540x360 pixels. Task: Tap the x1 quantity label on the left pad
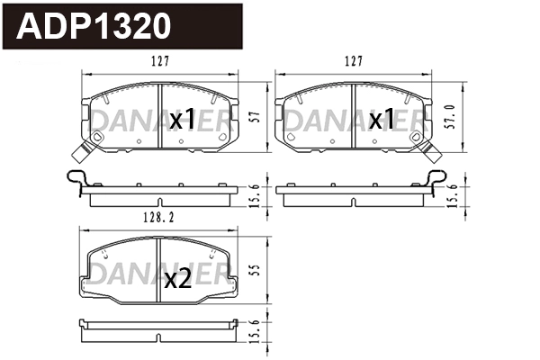coord(183,119)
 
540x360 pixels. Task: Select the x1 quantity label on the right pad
coord(378,119)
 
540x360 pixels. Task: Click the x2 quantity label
coord(177,279)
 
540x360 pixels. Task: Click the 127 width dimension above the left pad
coord(160,62)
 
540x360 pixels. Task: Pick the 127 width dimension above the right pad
coord(354,62)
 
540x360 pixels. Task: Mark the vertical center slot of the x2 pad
coord(159,270)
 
